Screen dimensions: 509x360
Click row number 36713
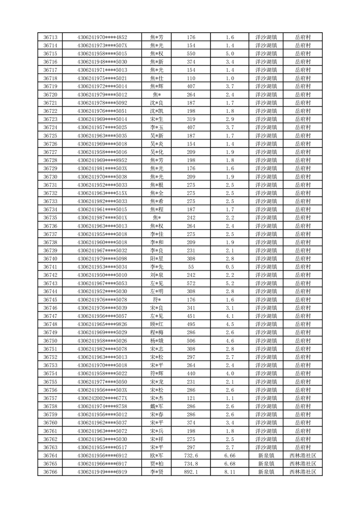coord(50,37)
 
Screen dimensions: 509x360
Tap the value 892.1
coord(191,472)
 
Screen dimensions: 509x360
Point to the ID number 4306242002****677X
coord(102,398)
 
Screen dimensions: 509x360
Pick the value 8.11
coord(229,472)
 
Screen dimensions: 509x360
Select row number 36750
coord(50,341)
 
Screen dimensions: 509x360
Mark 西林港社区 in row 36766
coord(302,472)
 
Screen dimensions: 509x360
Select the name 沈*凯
coord(156,111)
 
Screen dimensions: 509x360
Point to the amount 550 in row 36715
coord(191,54)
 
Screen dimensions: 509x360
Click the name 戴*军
coord(156,406)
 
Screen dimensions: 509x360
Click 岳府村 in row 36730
coord(302,176)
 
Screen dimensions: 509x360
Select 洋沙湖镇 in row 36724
coord(266,127)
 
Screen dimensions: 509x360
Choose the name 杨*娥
coord(156,341)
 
